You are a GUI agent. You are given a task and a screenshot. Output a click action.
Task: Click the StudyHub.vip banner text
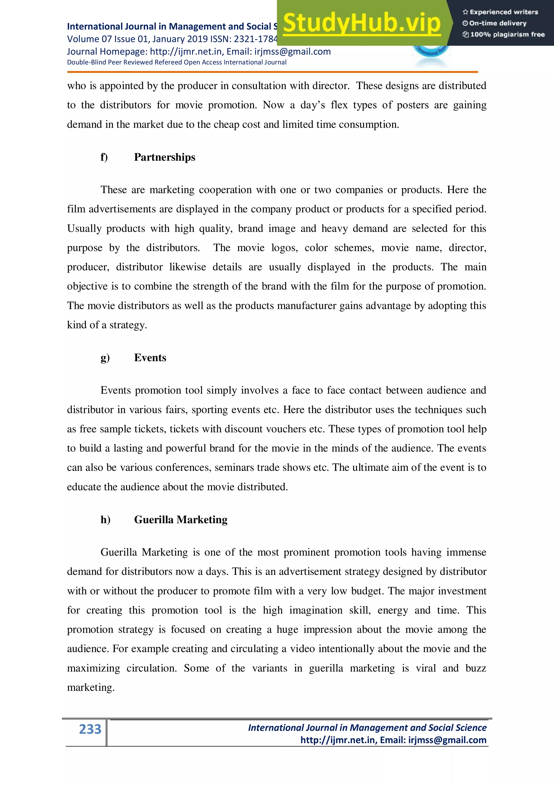tap(361, 23)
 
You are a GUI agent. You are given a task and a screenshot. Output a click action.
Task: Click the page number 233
tap(90, 729)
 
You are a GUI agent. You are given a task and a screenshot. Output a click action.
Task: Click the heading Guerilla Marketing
tap(180, 519)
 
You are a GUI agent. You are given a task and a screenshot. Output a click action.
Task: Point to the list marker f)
tap(104, 157)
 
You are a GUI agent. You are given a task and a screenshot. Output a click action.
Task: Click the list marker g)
tap(105, 358)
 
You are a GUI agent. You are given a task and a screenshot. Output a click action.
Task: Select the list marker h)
tap(105, 519)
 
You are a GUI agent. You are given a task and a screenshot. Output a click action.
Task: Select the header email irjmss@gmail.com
tap(292, 52)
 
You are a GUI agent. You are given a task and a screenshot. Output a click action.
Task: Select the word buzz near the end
tap(476, 668)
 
